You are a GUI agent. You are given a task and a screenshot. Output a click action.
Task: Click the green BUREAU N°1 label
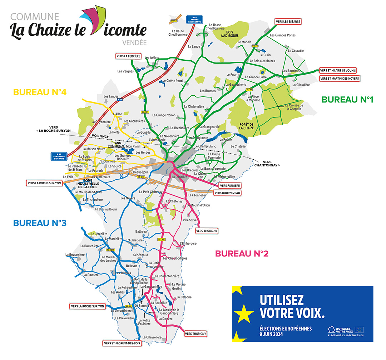coord(347,100)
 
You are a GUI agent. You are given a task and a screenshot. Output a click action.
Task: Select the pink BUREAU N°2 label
coord(242,254)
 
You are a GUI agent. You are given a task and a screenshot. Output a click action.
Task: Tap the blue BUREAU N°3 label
coord(40,223)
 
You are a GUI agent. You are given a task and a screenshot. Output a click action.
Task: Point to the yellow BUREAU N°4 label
coord(40,92)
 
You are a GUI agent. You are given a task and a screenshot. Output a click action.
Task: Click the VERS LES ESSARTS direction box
coord(288,21)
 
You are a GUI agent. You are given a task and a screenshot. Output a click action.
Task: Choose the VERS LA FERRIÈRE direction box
coord(128,56)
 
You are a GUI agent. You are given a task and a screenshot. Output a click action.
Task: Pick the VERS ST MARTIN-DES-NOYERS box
coord(340,78)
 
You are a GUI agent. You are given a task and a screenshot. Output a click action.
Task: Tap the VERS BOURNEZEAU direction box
coord(227,193)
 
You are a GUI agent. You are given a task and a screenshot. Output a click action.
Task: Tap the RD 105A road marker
coord(110,250)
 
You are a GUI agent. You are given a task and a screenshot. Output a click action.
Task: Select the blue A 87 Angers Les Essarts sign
coord(194,19)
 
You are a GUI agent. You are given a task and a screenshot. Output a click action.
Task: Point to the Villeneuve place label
coord(190,220)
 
